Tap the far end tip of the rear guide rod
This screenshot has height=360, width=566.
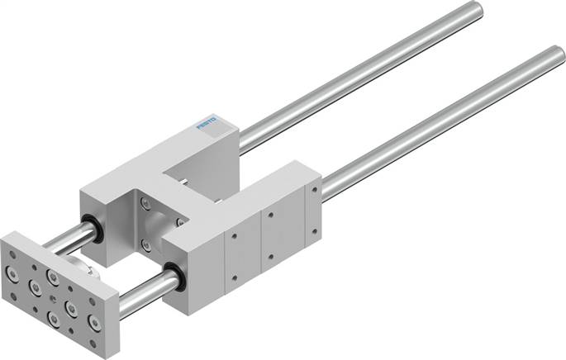(474, 9)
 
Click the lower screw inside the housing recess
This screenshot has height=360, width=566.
(146, 244)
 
